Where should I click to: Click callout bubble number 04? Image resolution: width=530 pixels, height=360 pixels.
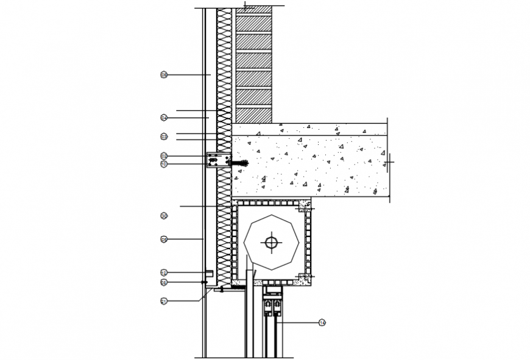(164, 117)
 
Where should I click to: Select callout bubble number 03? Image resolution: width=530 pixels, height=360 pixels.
(164, 136)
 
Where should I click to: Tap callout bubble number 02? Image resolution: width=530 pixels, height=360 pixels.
(164, 156)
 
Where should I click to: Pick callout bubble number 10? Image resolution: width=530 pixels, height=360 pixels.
(164, 164)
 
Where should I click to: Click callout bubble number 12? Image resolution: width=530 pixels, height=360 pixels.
(164, 272)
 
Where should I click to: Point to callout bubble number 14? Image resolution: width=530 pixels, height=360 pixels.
(322, 322)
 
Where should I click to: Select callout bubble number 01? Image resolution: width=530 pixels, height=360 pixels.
(164, 300)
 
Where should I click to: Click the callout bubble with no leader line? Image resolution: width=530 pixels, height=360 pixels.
(164, 216)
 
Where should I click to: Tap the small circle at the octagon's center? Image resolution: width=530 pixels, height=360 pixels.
(271, 242)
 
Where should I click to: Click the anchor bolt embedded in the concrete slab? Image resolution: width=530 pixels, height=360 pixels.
(240, 163)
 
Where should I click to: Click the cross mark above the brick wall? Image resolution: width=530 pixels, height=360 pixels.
(244, 7)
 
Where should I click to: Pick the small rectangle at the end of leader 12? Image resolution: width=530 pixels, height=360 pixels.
(208, 272)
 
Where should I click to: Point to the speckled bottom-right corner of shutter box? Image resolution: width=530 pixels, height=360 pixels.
(305, 280)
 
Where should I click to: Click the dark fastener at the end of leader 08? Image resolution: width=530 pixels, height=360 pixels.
(203, 282)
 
